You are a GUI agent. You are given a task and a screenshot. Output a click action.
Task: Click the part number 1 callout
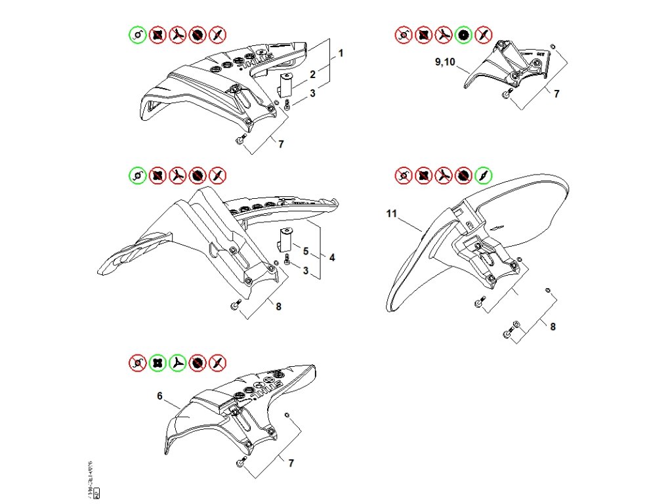pyautogui.click(x=341, y=51)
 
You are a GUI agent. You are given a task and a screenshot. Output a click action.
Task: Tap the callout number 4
pyautogui.click(x=332, y=257)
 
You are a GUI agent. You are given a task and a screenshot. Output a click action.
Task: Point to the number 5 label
pyautogui.click(x=305, y=249)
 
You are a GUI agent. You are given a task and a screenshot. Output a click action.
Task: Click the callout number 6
pyautogui.click(x=159, y=396)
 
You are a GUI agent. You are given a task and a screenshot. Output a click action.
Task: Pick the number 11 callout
pyautogui.click(x=392, y=214)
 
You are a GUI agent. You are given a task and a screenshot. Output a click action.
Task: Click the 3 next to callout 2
pyautogui.click(x=313, y=93)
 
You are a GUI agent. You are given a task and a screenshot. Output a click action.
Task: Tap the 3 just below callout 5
pyautogui.click(x=305, y=270)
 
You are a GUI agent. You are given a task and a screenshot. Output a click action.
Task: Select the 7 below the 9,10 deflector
pyautogui.click(x=556, y=93)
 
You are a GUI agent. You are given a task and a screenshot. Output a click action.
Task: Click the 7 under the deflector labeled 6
pyautogui.click(x=291, y=463)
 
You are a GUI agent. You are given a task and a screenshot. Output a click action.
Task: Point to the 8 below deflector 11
pyautogui.click(x=553, y=326)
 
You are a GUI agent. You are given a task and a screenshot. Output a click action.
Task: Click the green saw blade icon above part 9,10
pyautogui.click(x=463, y=34)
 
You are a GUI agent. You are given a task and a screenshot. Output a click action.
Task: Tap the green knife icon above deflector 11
pyautogui.click(x=484, y=176)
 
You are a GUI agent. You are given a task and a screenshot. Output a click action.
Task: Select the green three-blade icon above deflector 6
pyautogui.click(x=177, y=362)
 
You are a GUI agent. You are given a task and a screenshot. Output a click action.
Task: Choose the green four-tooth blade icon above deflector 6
pyautogui.click(x=157, y=362)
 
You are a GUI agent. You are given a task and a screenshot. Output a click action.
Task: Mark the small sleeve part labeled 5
pyautogui.click(x=284, y=238)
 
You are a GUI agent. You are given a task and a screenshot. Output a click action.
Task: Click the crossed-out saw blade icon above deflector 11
pyautogui.click(x=463, y=176)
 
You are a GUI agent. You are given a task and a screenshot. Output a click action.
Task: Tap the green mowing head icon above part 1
pyautogui.click(x=137, y=34)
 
